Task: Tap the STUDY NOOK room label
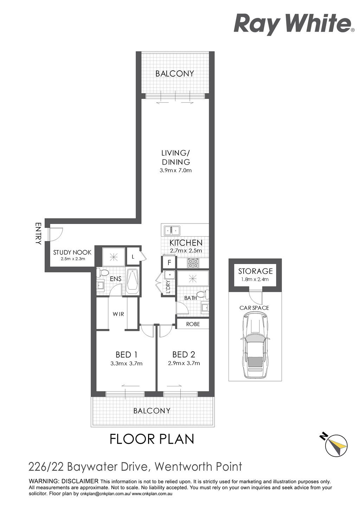(72, 252)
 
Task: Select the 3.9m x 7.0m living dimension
(175, 170)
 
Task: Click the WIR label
(118, 314)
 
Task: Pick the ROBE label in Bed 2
(193, 324)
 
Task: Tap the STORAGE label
(255, 271)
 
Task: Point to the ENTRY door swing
(55, 234)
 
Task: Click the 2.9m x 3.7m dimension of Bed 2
(184, 363)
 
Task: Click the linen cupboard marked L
(133, 257)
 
